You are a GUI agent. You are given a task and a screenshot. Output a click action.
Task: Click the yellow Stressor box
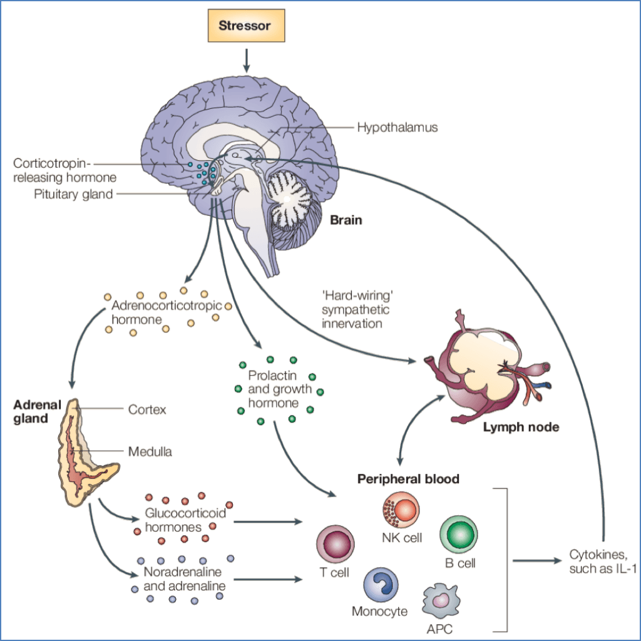click(247, 26)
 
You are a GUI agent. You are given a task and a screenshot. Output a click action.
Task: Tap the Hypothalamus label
click(397, 128)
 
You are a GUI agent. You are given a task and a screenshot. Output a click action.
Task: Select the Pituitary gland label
click(73, 194)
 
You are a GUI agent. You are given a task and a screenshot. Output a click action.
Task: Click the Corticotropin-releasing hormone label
click(64, 170)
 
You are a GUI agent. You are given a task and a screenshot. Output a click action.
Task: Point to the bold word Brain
click(346, 220)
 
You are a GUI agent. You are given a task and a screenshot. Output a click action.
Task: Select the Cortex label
click(147, 410)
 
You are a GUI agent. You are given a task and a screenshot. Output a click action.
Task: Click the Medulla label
click(150, 451)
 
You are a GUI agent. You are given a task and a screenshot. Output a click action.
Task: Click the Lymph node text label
click(521, 428)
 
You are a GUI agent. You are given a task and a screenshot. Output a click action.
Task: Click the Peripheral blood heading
click(408, 479)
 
